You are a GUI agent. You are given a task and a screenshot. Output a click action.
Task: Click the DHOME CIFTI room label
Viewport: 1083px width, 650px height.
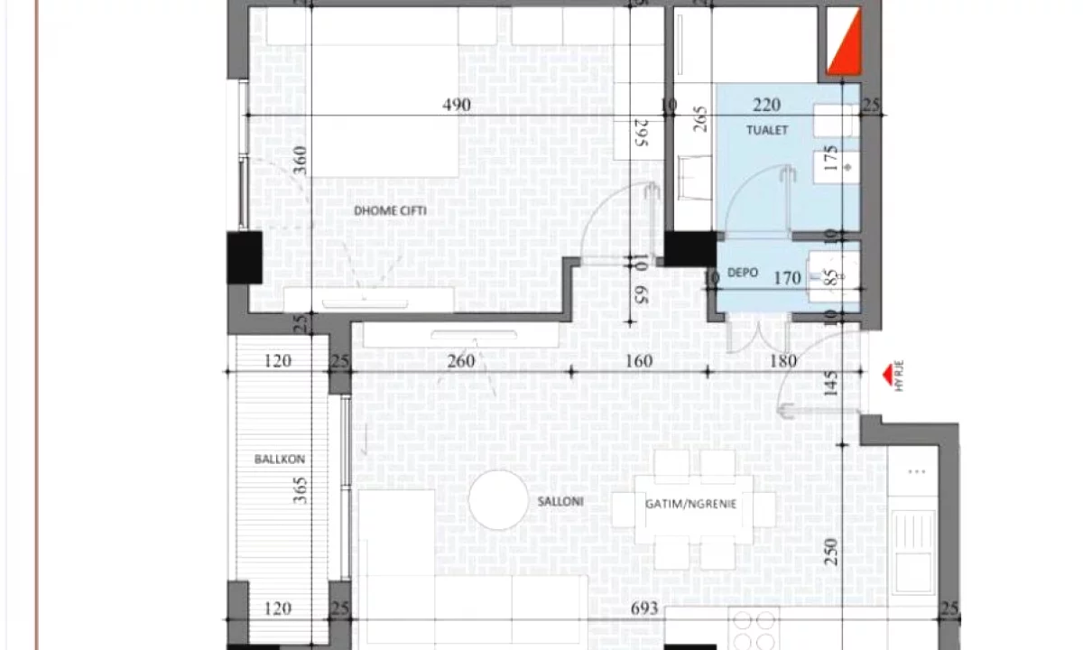[390, 211]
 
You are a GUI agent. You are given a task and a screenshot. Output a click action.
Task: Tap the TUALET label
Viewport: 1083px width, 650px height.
[767, 130]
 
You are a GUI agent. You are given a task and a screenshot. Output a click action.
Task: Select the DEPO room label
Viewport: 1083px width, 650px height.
[743, 273]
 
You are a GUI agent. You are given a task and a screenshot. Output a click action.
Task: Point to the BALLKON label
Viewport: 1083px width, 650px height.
[280, 459]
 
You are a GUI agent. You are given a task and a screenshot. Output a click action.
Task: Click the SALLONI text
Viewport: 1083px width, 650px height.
[560, 502]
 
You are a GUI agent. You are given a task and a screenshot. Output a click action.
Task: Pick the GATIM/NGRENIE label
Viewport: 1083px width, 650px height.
[691, 504]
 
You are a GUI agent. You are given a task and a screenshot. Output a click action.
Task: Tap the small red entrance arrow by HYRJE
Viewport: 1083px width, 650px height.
[888, 376]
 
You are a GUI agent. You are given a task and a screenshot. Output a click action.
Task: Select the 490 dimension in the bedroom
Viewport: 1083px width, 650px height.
[457, 105]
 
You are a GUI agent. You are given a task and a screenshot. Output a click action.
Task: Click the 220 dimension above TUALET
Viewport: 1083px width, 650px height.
[767, 104]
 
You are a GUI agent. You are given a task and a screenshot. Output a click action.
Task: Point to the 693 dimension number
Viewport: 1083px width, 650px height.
[644, 608]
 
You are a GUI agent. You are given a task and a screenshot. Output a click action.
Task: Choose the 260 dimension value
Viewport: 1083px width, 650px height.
[461, 361]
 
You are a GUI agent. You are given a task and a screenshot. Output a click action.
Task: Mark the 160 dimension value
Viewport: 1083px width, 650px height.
[639, 361]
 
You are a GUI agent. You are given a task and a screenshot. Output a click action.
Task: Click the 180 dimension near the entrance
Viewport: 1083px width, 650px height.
[783, 361]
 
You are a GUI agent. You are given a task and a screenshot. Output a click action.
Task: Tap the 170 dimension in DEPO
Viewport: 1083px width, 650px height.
[788, 278]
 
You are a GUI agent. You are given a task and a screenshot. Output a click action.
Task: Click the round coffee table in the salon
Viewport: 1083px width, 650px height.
[498, 500]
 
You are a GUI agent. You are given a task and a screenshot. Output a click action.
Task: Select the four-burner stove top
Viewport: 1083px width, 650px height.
[754, 628]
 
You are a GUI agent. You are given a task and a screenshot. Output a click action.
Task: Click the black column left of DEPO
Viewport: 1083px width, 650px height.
[690, 248]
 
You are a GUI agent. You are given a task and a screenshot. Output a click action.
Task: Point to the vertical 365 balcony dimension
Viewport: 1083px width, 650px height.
[301, 490]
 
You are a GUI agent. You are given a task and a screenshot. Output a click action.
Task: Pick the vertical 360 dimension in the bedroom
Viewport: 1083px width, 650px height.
[300, 160]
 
